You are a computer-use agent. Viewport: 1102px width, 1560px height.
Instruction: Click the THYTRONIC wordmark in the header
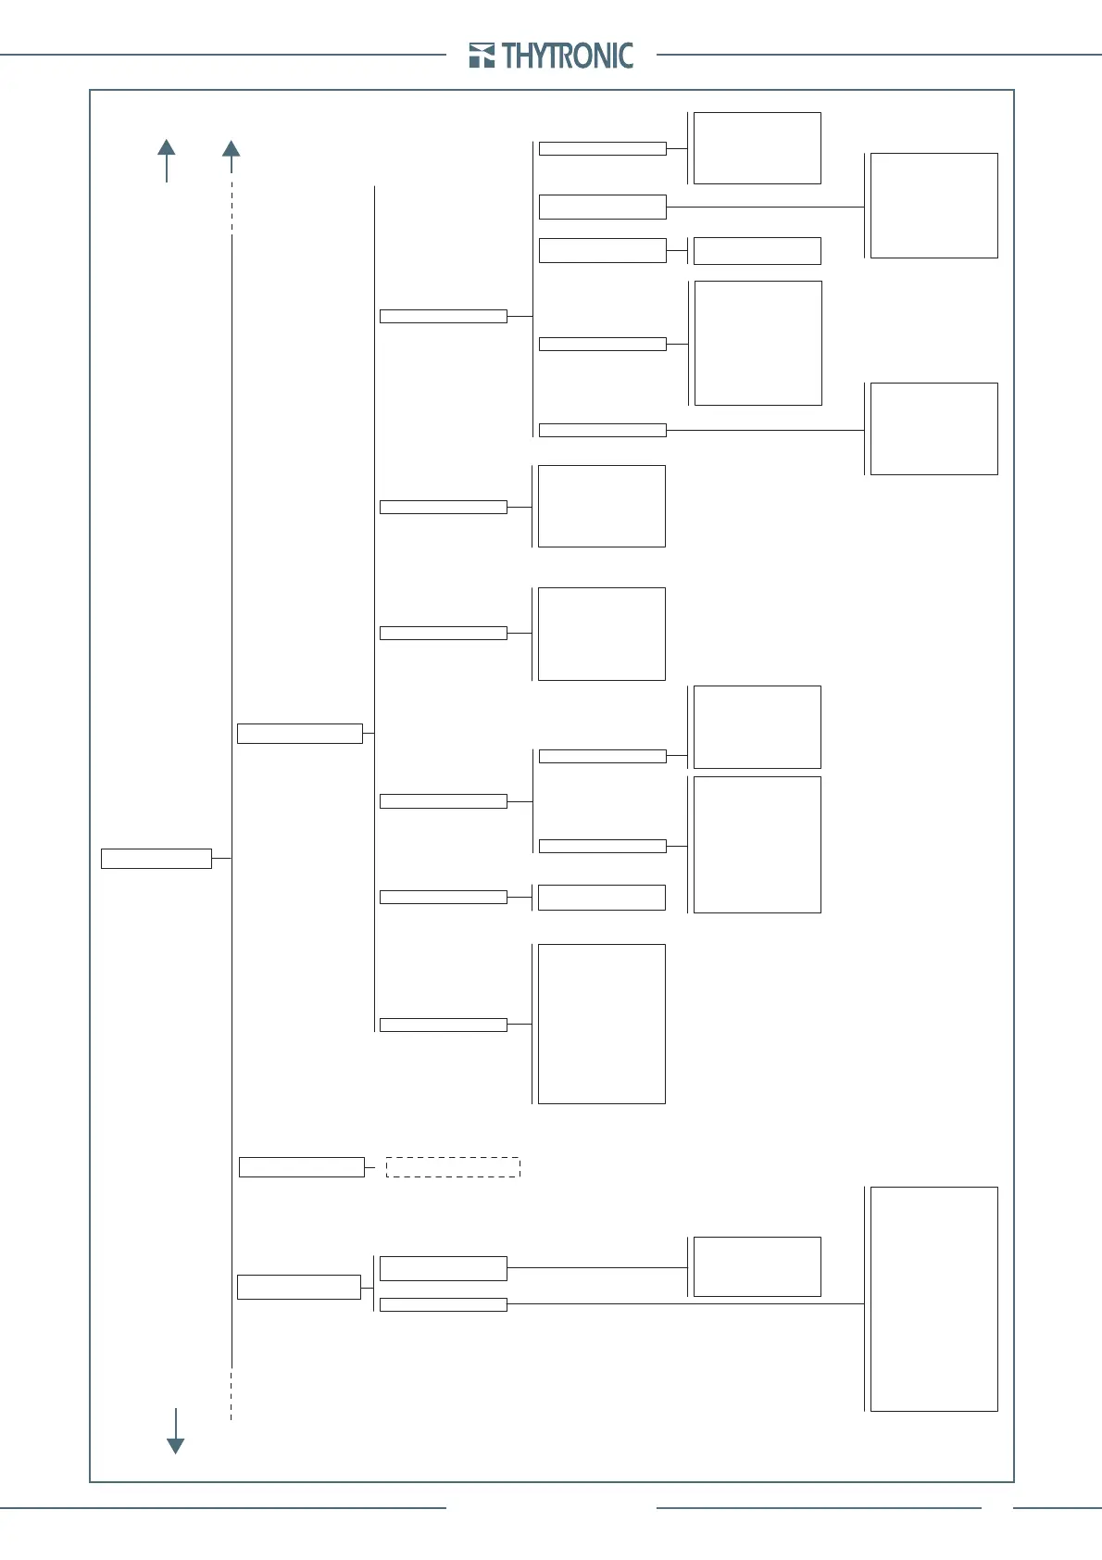coord(568,57)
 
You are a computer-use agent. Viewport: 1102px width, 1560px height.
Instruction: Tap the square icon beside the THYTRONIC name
coord(482,56)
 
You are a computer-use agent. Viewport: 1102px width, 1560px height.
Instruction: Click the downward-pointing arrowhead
coord(175,1445)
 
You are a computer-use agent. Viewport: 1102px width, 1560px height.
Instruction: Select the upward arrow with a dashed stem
coord(232,149)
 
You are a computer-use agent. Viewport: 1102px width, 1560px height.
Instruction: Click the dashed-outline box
coord(453,1167)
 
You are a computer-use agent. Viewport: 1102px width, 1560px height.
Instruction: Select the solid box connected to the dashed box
coord(301,1167)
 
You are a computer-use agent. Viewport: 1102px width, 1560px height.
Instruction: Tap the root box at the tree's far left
coord(156,858)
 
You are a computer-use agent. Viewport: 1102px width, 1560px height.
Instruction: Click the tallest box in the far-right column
coord(933,1299)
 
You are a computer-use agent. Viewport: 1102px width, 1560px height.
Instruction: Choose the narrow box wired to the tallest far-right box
coord(443,1304)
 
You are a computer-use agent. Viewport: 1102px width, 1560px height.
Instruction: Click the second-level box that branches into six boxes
coord(299,734)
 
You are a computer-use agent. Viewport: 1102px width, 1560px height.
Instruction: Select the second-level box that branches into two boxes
coord(298,1287)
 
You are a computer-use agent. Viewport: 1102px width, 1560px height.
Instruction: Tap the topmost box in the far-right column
coord(933,206)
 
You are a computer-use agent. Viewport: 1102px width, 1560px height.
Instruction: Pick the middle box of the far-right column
coord(933,429)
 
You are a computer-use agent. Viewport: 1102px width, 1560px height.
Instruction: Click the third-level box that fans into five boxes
coord(443,316)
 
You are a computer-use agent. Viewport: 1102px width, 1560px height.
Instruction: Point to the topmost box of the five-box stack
coord(602,148)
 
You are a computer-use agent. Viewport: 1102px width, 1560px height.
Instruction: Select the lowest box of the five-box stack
coord(602,430)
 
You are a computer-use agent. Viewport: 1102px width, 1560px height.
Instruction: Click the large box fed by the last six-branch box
coord(601,1024)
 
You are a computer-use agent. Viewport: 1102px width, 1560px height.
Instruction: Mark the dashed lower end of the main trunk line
coord(232,1394)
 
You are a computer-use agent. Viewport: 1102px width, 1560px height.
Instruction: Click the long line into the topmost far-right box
coord(765,207)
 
